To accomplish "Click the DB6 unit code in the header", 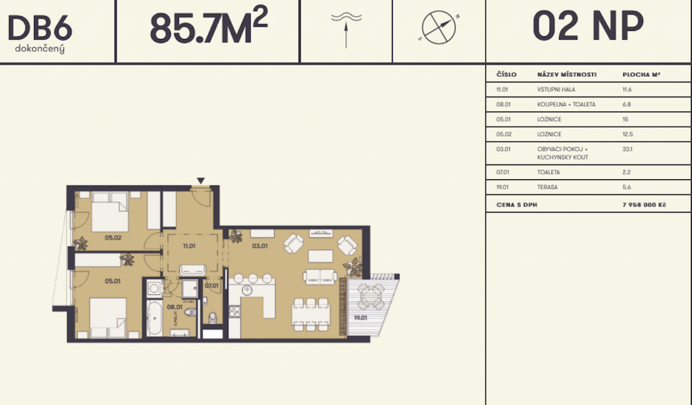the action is pos(40,28).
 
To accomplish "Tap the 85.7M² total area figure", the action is pos(209,25).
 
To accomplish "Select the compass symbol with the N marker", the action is pos(438,27).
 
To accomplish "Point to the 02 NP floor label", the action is pos(588,25).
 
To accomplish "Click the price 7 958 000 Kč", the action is pos(644,205).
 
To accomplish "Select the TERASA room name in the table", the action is pos(547,187).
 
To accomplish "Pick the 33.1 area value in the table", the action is pos(628,149).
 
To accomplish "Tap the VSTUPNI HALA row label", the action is pos(556,90).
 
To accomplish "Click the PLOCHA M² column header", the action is pos(641,75).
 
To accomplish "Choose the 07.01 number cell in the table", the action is pos(503,172).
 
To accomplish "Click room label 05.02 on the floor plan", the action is pos(113,238).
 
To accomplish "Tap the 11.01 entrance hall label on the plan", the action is pos(189,246).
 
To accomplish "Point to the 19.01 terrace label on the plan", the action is pos(361,318).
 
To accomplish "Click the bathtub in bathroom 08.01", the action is pos(154,318).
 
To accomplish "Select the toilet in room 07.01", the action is pos(212,318).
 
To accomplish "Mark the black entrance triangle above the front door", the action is pos(201,181).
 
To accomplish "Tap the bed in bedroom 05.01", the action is pos(108,318).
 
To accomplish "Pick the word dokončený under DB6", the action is pos(40,49).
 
